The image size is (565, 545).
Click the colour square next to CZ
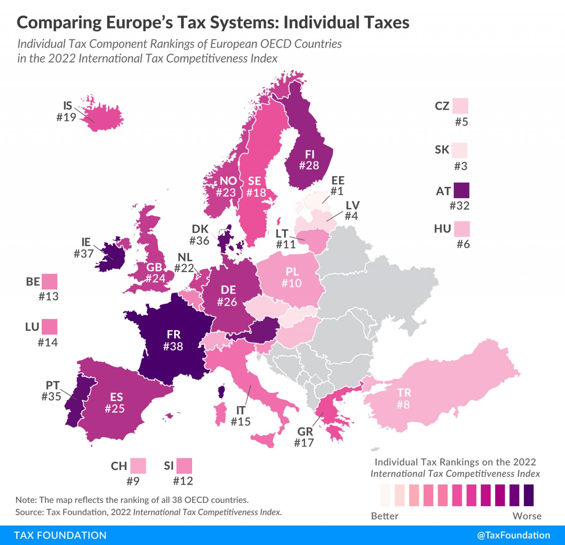460,106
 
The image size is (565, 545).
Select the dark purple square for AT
461,190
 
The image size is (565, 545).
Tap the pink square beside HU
462,229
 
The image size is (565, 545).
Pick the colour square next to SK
459,150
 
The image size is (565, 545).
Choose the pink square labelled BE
49,282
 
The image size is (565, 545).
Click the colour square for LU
49,327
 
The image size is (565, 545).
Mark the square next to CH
138,466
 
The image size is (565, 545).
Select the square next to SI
184,466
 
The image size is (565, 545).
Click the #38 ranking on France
173,346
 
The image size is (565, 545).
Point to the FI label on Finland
310,154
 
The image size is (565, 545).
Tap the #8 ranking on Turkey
403,405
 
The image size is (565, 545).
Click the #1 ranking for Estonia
337,191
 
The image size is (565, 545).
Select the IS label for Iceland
67,106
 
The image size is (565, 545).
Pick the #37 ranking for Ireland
84,254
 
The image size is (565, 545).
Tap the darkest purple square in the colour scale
529,495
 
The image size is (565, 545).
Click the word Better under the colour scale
385,516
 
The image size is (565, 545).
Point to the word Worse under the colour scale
527,516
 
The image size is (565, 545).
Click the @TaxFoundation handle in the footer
513,535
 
